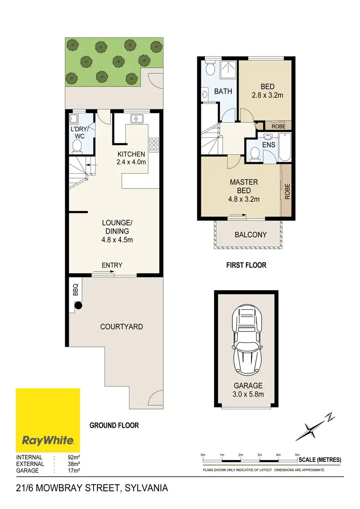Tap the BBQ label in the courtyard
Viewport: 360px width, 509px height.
75,290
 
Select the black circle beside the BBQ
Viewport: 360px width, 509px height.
77,305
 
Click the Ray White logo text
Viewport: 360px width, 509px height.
48,439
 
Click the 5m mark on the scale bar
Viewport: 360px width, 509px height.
297,454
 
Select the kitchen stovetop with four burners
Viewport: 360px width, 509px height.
155,145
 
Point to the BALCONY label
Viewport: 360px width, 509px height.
250,235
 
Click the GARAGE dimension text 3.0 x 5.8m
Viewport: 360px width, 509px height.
248,395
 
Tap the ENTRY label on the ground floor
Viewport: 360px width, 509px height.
112,265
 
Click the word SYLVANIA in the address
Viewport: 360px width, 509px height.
146,488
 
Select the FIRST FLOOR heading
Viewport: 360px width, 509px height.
246,265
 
